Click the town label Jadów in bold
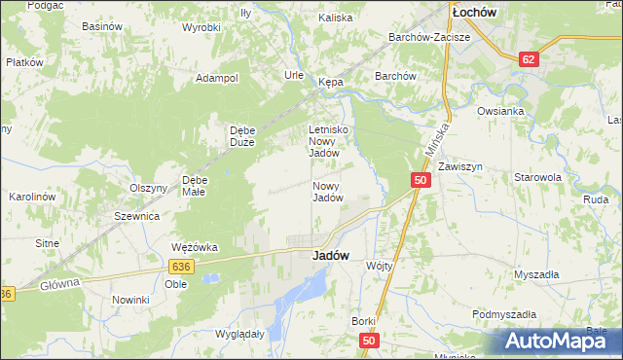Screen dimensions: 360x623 [x=331, y=255]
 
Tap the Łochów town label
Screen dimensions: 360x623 [x=475, y=13]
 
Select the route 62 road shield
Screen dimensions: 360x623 [x=528, y=58]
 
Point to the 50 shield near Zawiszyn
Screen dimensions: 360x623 [x=420, y=180]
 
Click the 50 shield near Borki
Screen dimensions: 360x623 [x=367, y=341]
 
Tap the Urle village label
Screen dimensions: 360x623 [x=294, y=75]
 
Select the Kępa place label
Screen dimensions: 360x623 [x=331, y=83]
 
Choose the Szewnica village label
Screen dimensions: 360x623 [x=136, y=216]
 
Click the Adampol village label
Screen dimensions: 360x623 [x=217, y=78]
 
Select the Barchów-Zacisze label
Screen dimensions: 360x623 [x=429, y=37]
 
